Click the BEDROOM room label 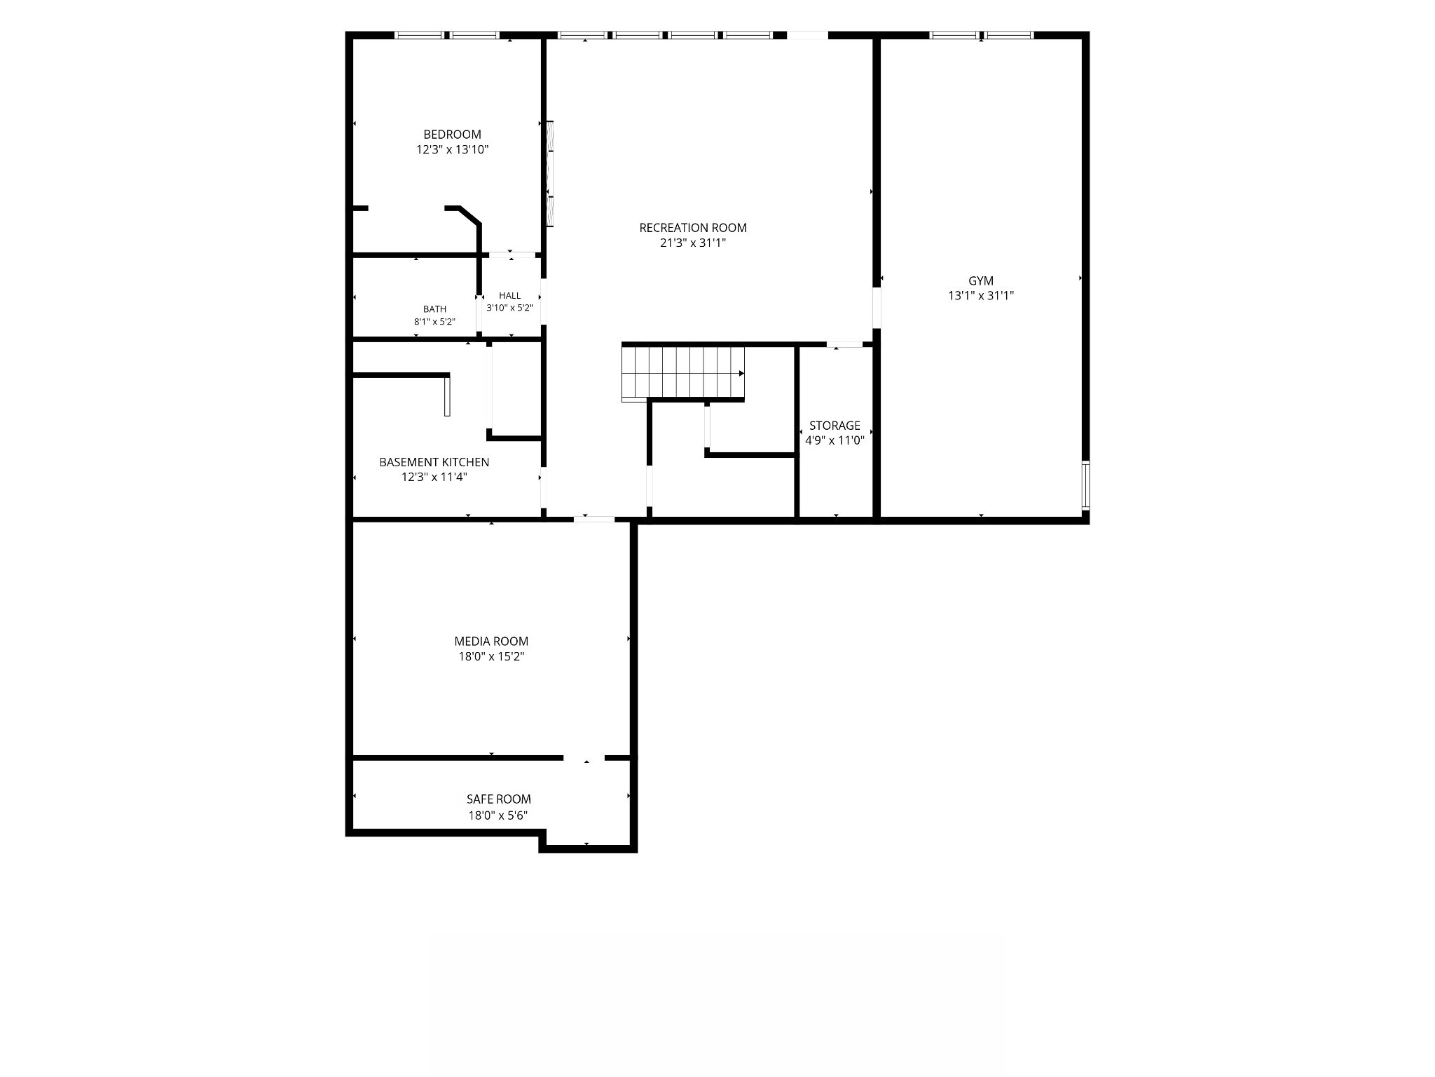pyautogui.click(x=452, y=135)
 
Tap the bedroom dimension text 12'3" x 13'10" pyautogui.click(x=452, y=149)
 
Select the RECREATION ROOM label pyautogui.click(x=693, y=228)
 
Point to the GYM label pyautogui.click(x=981, y=281)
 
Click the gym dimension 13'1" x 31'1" pyautogui.click(x=981, y=296)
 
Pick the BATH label pyautogui.click(x=434, y=309)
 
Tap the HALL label pyautogui.click(x=510, y=296)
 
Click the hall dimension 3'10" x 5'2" pyautogui.click(x=510, y=308)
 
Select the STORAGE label pyautogui.click(x=835, y=426)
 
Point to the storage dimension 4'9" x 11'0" pyautogui.click(x=835, y=441)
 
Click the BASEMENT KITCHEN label pyautogui.click(x=434, y=462)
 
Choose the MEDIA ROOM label pyautogui.click(x=491, y=642)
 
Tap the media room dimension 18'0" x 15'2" pyautogui.click(x=491, y=657)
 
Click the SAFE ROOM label pyautogui.click(x=499, y=799)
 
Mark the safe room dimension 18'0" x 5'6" pyautogui.click(x=498, y=815)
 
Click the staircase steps pyautogui.click(x=683, y=373)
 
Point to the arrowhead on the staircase pyautogui.click(x=741, y=373)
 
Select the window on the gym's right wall pyautogui.click(x=1085, y=485)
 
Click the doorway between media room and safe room pyautogui.click(x=584, y=758)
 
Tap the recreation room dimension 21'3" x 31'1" pyautogui.click(x=693, y=243)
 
